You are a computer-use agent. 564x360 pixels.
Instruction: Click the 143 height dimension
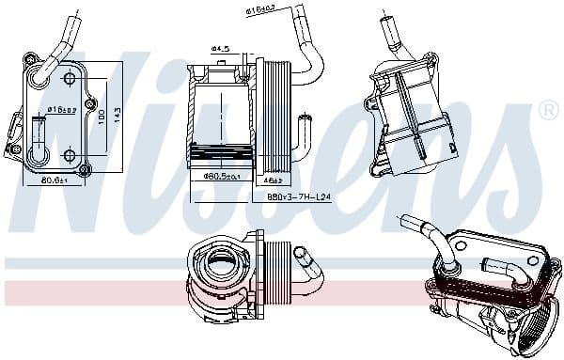(x=117, y=113)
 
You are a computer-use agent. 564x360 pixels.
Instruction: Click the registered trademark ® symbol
(x=548, y=110)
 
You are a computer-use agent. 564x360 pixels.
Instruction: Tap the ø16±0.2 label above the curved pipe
(x=261, y=10)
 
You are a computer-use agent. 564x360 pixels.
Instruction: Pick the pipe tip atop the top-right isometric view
(x=384, y=19)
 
